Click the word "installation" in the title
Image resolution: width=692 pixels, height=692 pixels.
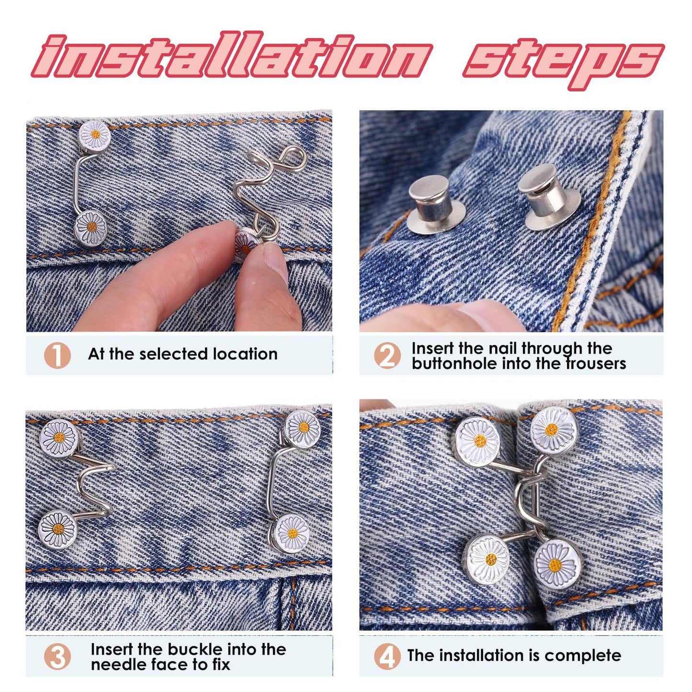click(x=232, y=55)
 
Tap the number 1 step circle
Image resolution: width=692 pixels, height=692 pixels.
click(x=57, y=355)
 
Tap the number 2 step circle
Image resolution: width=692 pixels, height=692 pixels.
click(x=387, y=355)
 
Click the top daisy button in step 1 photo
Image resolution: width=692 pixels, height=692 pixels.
click(x=94, y=135)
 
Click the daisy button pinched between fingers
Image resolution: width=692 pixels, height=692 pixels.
click(x=246, y=241)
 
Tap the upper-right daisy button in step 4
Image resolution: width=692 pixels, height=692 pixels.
click(x=554, y=429)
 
